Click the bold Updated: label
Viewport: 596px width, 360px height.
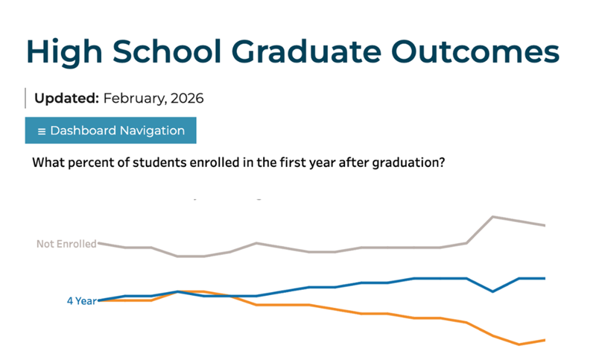[66, 98]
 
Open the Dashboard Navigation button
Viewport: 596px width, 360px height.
[110, 130]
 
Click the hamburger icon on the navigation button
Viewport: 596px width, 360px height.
[42, 131]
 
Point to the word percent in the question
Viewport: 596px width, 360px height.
[91, 162]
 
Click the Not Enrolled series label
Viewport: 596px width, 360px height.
[66, 244]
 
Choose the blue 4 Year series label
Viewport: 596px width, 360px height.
[81, 301]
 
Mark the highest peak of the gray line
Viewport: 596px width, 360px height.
[492, 217]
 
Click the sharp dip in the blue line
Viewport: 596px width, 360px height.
[492, 291]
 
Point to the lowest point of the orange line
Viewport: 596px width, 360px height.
[519, 344]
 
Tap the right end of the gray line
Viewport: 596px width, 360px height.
[545, 225]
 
